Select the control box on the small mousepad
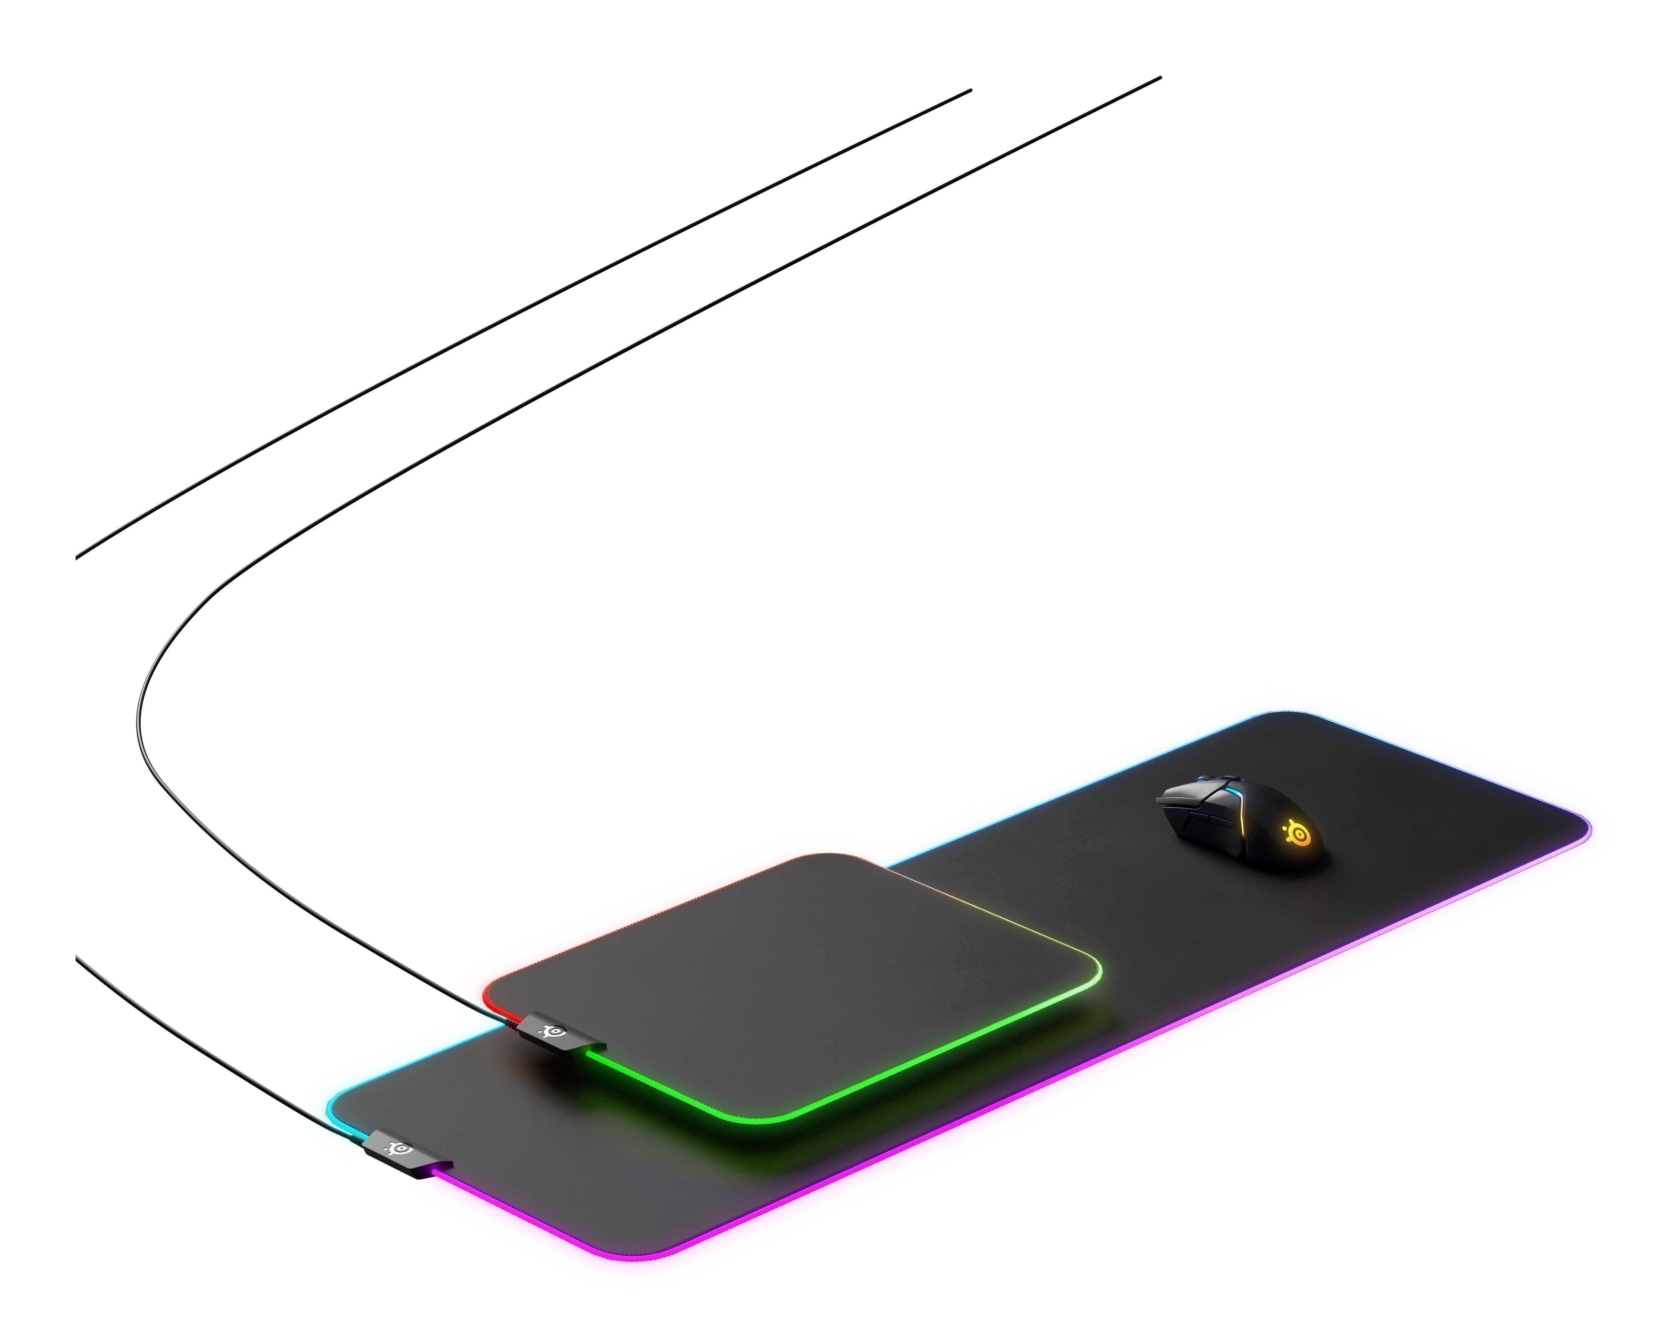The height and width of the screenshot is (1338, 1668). pos(551,1033)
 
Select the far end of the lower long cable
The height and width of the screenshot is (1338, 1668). pos(1160,78)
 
